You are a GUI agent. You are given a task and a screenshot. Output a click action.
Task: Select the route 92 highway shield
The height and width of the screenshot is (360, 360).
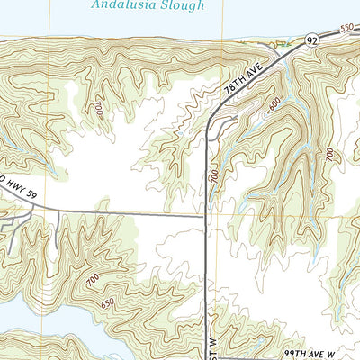(311, 40)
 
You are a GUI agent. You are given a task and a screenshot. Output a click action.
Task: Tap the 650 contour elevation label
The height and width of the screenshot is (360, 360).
(109, 303)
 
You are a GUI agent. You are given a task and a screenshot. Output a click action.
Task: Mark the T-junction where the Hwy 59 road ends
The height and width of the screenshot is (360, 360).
(207, 215)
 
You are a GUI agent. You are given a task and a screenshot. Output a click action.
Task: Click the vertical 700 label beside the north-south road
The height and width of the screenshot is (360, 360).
(214, 175)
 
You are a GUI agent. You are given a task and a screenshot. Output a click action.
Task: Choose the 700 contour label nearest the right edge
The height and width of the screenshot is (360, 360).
(328, 156)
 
